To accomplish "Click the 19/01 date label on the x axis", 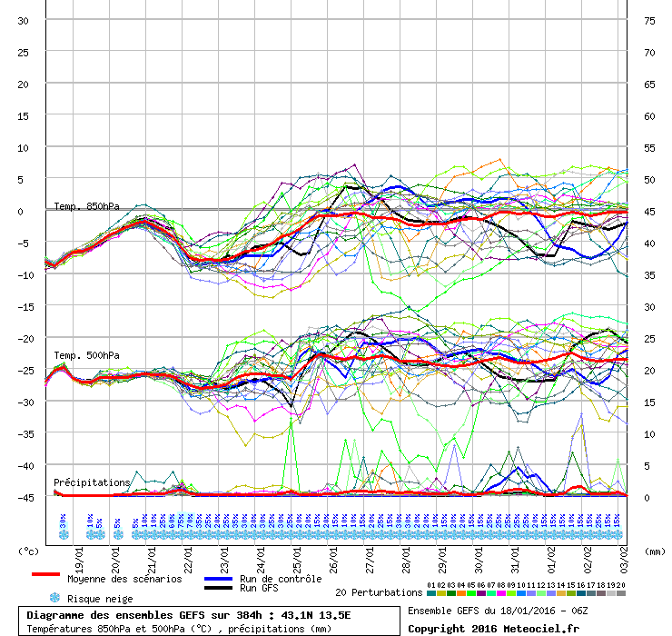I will [80, 553].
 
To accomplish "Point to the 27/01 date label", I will [371, 553].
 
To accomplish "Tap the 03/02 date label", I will [625, 553].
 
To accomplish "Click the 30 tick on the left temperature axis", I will [24, 21].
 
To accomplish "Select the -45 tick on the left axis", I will [24, 497].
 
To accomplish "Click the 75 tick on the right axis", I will [648, 21].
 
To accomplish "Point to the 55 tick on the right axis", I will [648, 147].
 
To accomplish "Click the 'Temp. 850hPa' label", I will [86, 206].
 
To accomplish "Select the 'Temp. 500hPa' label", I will [86, 354].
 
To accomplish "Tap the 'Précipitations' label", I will [92, 482].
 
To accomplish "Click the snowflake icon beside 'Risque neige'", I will [54, 599].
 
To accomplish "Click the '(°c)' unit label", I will [29, 551].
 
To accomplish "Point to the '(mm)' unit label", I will [654, 551].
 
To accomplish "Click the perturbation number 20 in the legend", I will [621, 585].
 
